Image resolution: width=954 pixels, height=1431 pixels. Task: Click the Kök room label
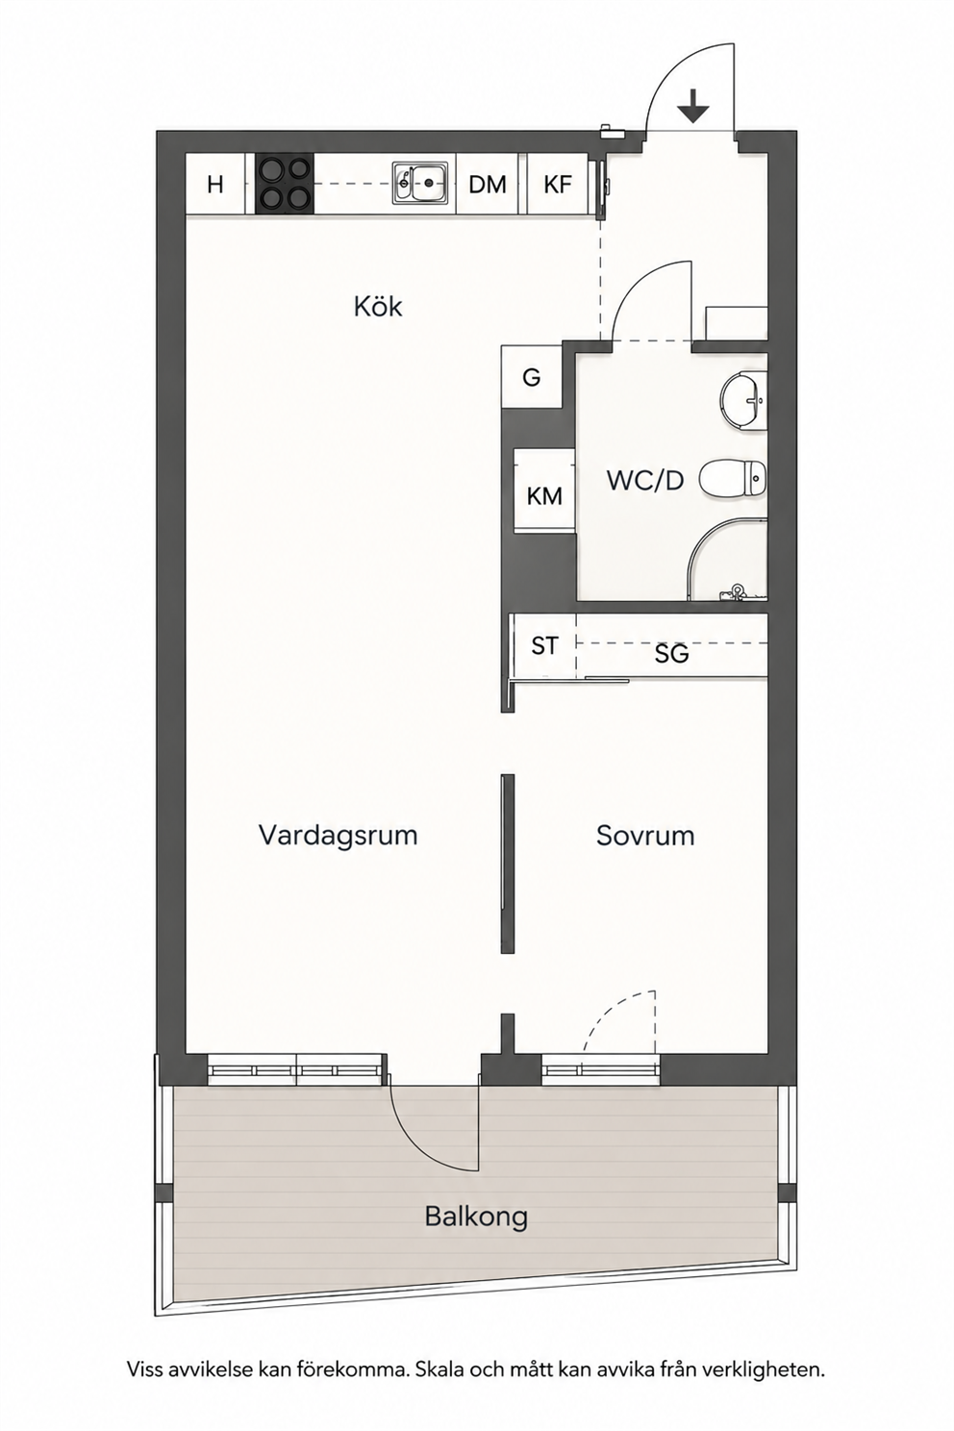pyautogui.click(x=378, y=307)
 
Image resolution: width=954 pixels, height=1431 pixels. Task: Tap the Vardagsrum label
pyautogui.click(x=338, y=836)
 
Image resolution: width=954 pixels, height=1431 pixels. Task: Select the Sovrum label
pyautogui.click(x=645, y=836)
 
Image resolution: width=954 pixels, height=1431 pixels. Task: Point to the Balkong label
pyautogui.click(x=477, y=1217)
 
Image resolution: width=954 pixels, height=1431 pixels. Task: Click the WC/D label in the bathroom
pyautogui.click(x=644, y=481)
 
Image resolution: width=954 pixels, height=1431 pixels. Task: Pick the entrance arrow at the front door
pyautogui.click(x=693, y=106)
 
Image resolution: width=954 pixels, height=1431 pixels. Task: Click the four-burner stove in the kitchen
pyautogui.click(x=285, y=185)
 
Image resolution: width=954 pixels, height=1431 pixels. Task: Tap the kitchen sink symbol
pyautogui.click(x=419, y=184)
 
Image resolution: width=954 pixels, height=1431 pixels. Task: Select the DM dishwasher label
pyautogui.click(x=488, y=185)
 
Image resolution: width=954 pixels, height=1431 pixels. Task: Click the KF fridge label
pyautogui.click(x=558, y=185)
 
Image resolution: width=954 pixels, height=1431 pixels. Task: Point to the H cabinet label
pyautogui.click(x=215, y=185)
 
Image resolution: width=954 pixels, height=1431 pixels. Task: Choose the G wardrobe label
pyautogui.click(x=532, y=378)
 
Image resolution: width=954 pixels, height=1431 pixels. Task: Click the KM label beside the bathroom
pyautogui.click(x=544, y=496)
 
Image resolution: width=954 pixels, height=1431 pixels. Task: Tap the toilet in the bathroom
pyautogui.click(x=732, y=478)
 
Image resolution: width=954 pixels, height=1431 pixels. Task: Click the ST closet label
pyautogui.click(x=544, y=646)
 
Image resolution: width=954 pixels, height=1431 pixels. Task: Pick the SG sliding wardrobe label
pyautogui.click(x=671, y=653)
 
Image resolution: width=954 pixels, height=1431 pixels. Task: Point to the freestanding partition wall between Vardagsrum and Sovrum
pyautogui.click(x=508, y=864)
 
